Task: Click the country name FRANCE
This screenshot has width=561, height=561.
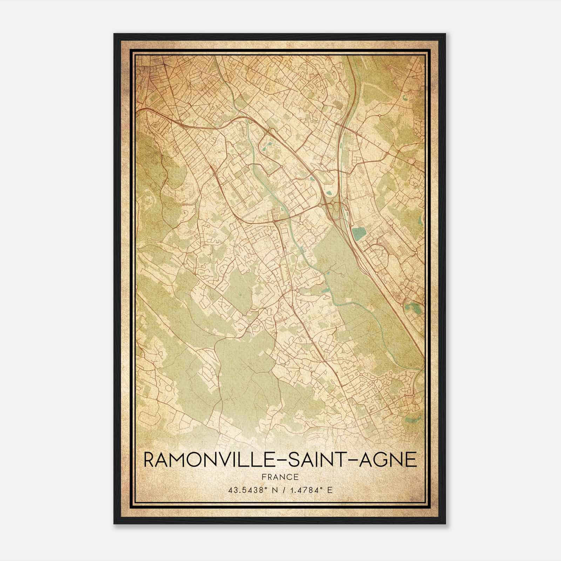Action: click(x=280, y=477)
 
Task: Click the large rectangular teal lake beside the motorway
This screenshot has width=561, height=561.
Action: click(x=358, y=233)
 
